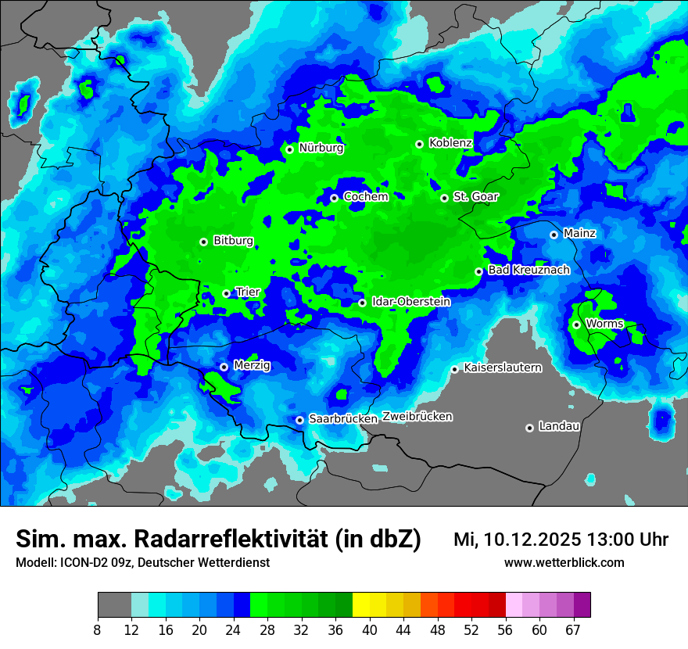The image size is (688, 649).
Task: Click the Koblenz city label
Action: click(x=450, y=143)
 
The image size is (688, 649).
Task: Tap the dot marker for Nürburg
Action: click(x=289, y=149)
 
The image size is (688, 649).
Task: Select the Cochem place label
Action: click(x=366, y=197)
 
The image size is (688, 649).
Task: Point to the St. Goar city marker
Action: click(x=444, y=198)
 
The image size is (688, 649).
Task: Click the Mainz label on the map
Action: click(x=579, y=233)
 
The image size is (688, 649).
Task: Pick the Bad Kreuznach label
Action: click(x=529, y=270)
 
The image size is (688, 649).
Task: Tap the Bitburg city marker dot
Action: click(x=203, y=242)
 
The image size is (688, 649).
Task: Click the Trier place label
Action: click(x=248, y=292)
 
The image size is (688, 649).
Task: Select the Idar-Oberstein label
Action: click(x=411, y=302)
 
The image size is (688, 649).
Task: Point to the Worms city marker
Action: click(x=576, y=324)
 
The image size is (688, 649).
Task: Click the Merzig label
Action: click(x=253, y=365)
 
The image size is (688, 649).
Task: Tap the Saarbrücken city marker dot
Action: click(x=299, y=420)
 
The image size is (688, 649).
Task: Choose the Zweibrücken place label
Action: click(x=417, y=417)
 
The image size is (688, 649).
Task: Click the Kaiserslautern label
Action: click(x=502, y=368)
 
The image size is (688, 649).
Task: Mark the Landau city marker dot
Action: click(x=529, y=428)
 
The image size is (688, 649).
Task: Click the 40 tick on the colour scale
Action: click(x=370, y=629)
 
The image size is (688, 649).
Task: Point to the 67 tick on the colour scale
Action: click(x=573, y=629)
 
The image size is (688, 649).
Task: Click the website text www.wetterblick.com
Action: click(x=564, y=562)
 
